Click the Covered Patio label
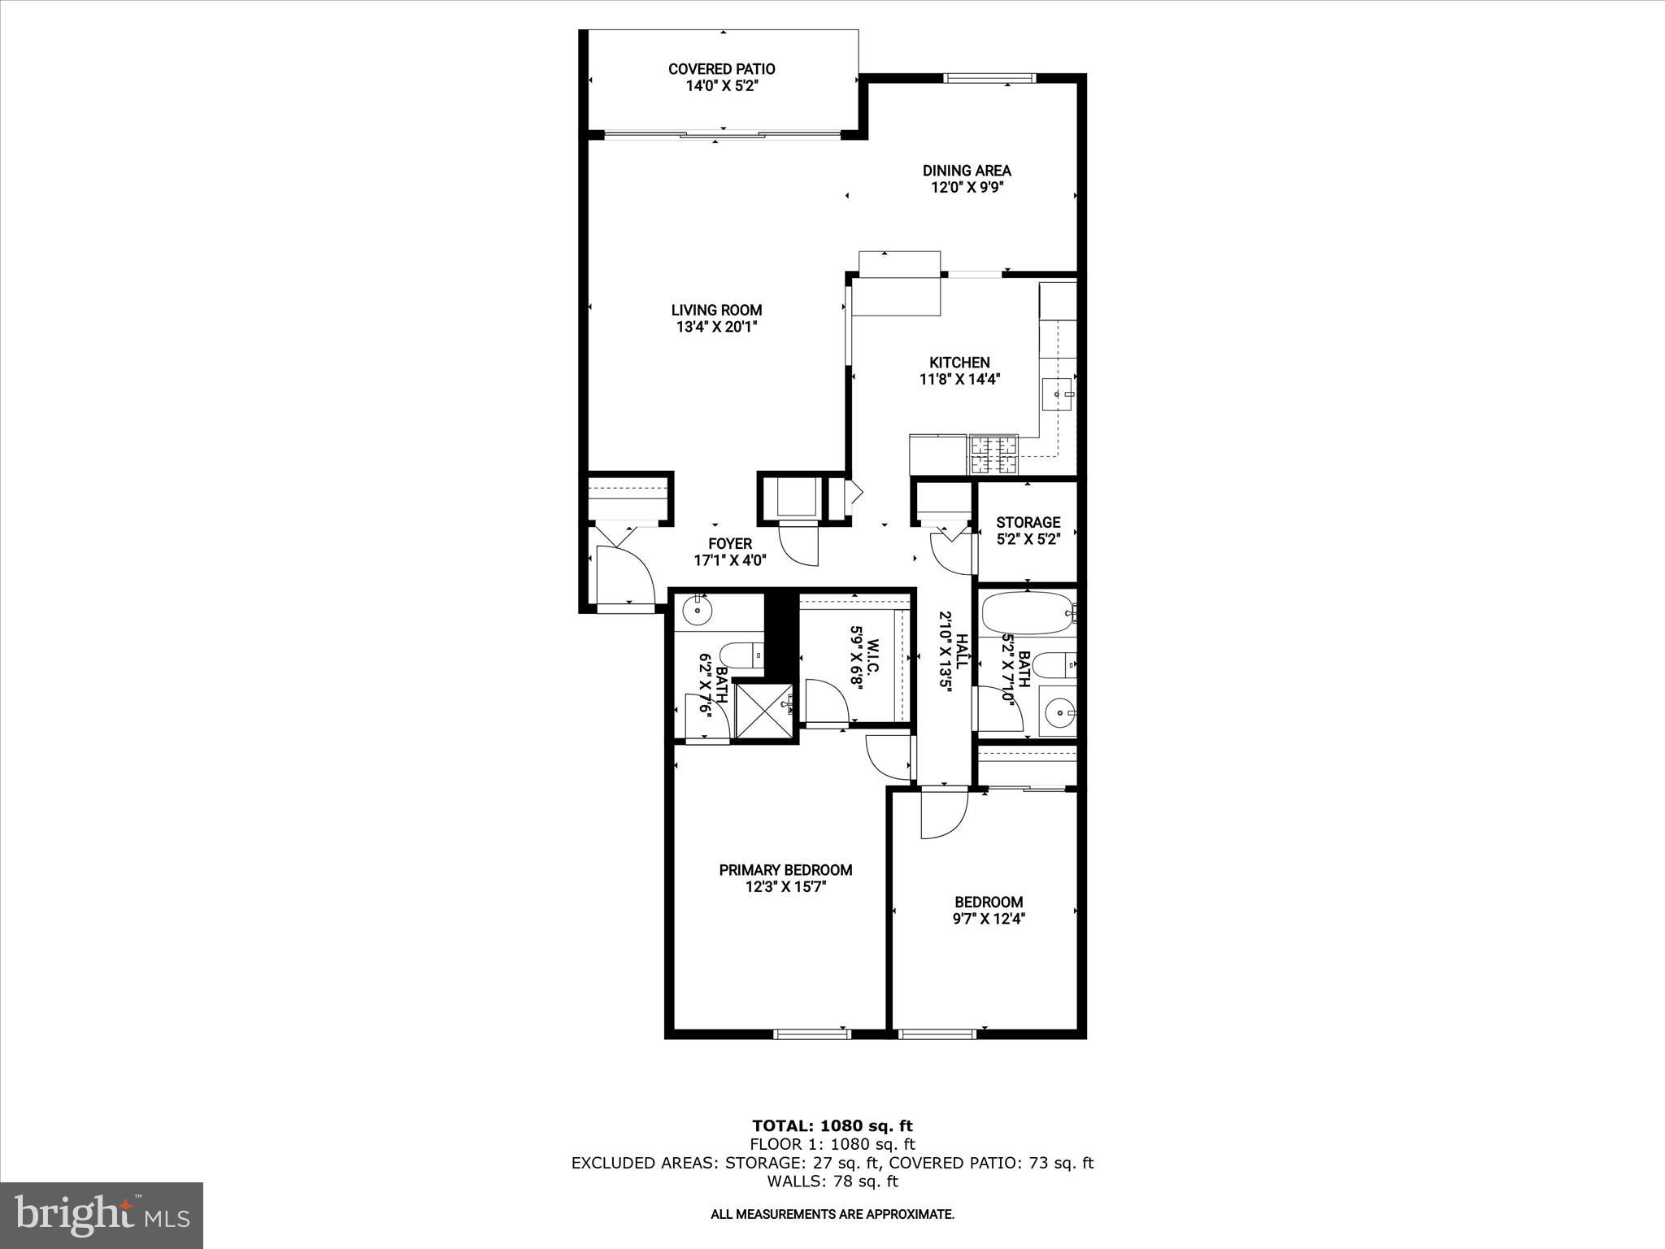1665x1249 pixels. click(x=722, y=69)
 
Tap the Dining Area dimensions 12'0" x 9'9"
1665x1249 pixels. click(x=967, y=188)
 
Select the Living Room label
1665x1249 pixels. click(x=716, y=310)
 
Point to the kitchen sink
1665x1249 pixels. click(x=1058, y=394)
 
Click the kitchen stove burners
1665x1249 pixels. click(x=993, y=455)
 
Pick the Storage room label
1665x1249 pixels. click(x=1028, y=522)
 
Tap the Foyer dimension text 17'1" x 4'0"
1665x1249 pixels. click(x=729, y=560)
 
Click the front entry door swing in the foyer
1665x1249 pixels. click(x=624, y=575)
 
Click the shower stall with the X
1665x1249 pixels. click(x=763, y=709)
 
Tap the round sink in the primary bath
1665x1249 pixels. click(x=698, y=610)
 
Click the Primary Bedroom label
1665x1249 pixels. click(x=785, y=870)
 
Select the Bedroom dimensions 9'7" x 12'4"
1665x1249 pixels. click(x=989, y=919)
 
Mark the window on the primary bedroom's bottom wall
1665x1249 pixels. click(x=811, y=1034)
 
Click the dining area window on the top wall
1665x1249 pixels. click(x=989, y=79)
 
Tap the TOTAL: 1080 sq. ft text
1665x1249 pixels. click(x=832, y=1126)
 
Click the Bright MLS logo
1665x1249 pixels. click(x=102, y=1214)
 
